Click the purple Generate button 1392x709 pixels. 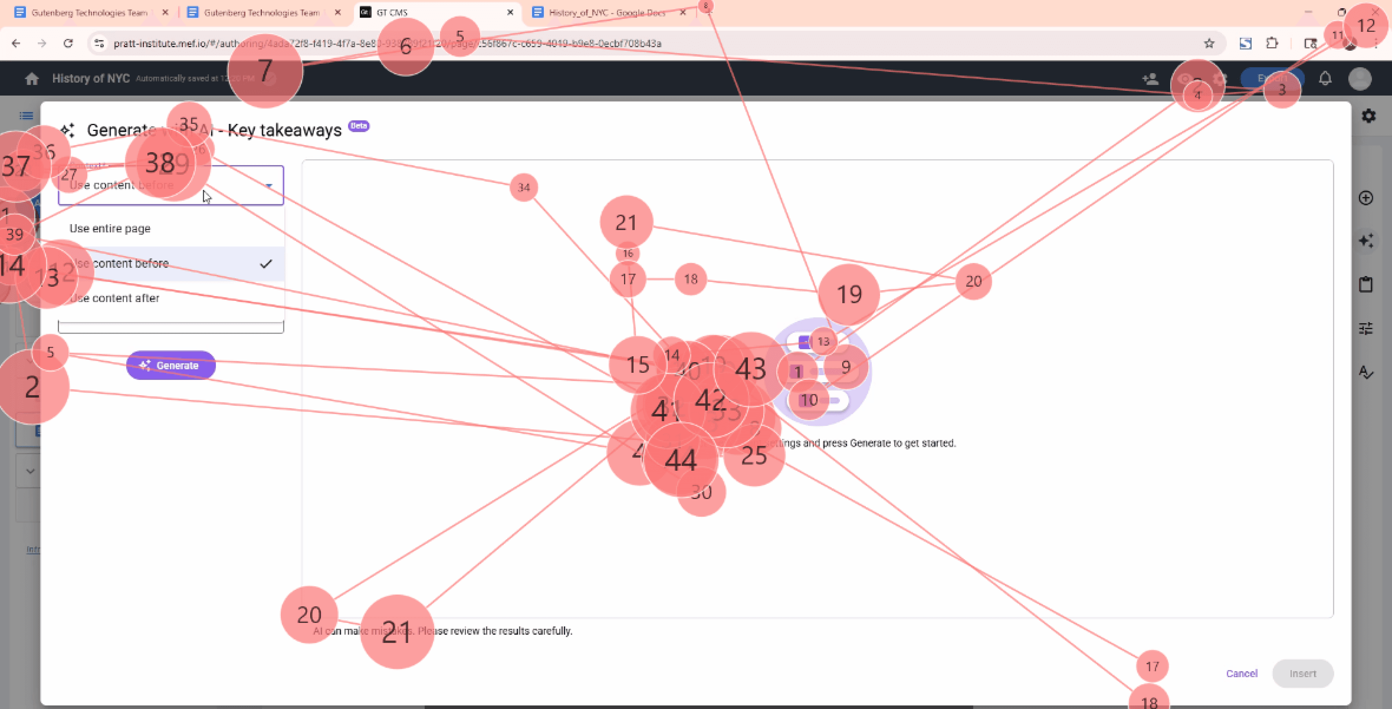[171, 365]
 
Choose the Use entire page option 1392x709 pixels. [110, 228]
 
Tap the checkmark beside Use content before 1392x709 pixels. [266, 264]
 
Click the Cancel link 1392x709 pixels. [1241, 673]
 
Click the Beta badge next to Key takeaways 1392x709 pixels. [359, 126]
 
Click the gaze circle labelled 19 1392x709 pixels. [849, 295]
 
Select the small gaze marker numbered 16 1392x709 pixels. [627, 254]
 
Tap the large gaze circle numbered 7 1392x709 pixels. [265, 71]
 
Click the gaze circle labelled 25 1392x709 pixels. [754, 455]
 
